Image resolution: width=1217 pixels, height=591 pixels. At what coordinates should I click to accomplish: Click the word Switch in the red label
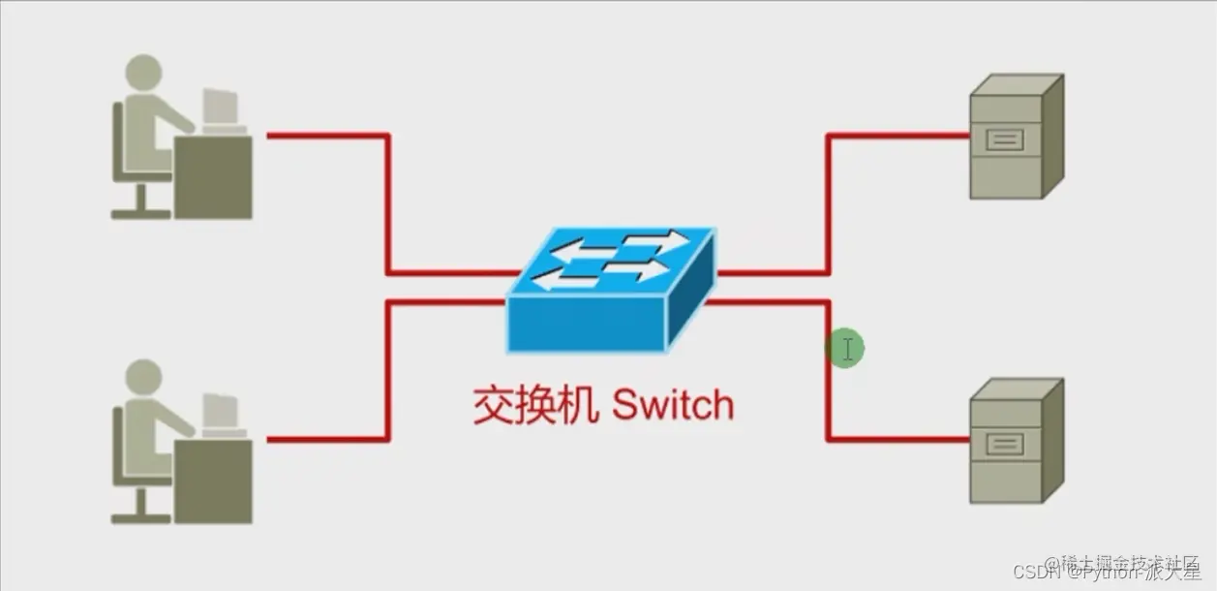pyautogui.click(x=673, y=405)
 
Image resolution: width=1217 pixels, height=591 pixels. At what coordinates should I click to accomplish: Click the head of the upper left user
pyautogui.click(x=143, y=73)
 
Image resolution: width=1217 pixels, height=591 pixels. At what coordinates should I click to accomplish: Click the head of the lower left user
pyautogui.click(x=143, y=377)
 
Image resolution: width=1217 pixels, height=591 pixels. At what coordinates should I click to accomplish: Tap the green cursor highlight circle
pyautogui.click(x=845, y=349)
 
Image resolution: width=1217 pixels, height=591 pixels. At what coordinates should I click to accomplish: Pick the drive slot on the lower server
pyautogui.click(x=1004, y=445)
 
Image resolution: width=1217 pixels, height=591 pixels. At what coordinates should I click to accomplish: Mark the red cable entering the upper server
pyautogui.click(x=900, y=136)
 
